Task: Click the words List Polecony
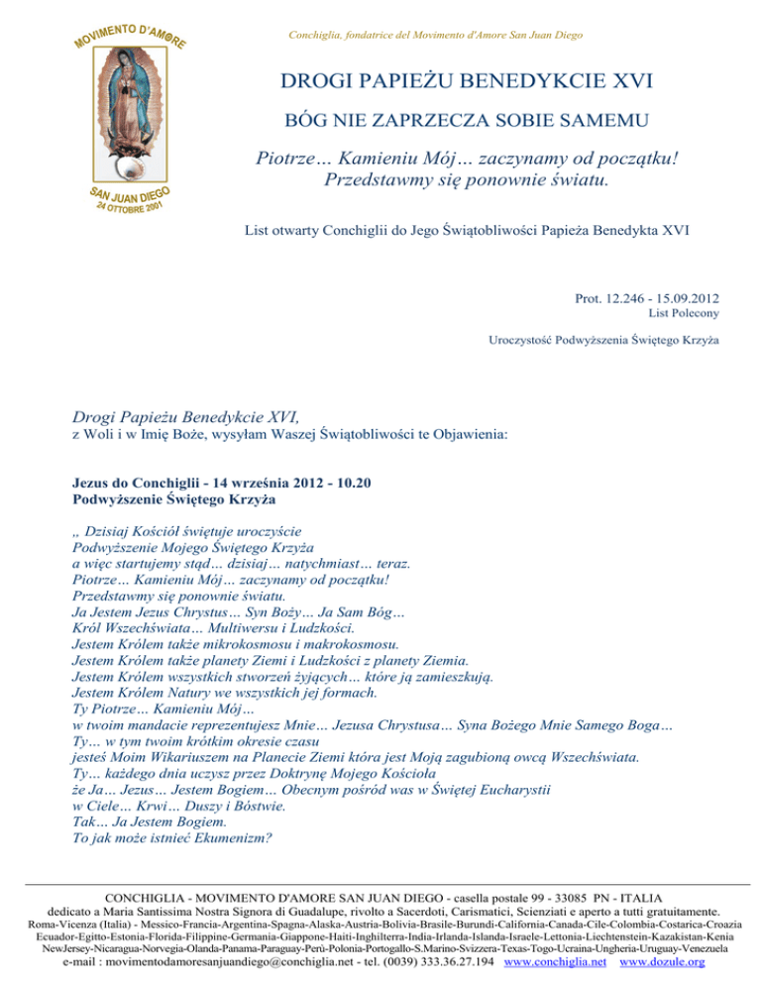click(684, 314)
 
